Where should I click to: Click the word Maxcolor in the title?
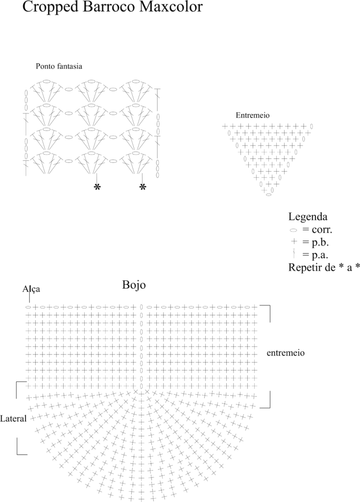(x=169, y=6)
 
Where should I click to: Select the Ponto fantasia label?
(x=59, y=66)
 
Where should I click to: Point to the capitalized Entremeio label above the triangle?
(x=252, y=115)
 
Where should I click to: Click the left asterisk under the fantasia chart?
(x=97, y=188)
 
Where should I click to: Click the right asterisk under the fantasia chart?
(x=143, y=188)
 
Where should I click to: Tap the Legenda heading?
(x=308, y=217)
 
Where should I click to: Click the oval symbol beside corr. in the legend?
(x=293, y=230)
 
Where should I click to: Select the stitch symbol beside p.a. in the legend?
(x=293, y=254)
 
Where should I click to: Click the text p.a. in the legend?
(x=320, y=255)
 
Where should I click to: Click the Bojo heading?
(x=134, y=285)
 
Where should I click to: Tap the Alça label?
(x=31, y=289)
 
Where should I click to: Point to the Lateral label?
(x=13, y=419)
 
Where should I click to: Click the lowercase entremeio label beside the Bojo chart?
(x=286, y=353)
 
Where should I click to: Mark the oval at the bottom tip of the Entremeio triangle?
(x=269, y=194)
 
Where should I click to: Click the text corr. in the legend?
(x=321, y=230)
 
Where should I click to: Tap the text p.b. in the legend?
(x=320, y=242)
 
